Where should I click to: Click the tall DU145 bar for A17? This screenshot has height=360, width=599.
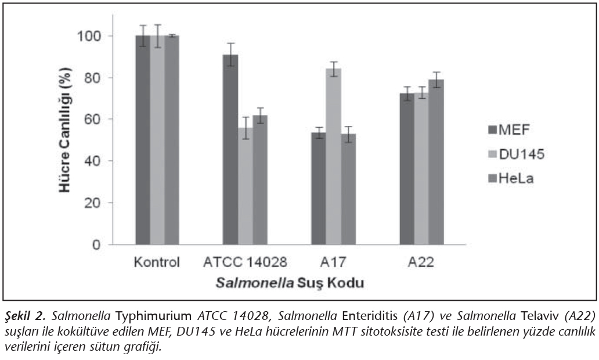coord(333,156)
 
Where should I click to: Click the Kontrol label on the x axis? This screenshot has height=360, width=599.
coord(157,262)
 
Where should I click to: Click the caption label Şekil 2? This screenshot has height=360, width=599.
coord(27,316)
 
